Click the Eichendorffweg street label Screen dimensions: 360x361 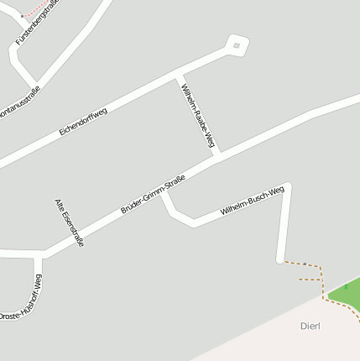pyautogui.click(x=84, y=123)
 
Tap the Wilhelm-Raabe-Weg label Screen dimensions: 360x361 pyautogui.click(x=199, y=117)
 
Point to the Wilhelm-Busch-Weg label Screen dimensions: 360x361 pyautogui.click(x=252, y=202)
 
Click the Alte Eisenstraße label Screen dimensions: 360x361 pyautogui.click(x=69, y=222)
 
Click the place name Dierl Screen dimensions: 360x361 pyautogui.click(x=310, y=325)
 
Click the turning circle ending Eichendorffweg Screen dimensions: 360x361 pyautogui.click(x=237, y=45)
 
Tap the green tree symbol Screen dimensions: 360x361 pyautogui.click(x=346, y=287)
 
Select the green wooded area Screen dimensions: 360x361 pyautogui.click(x=347, y=296)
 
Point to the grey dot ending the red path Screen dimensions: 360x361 pyautogui.click(x=23, y=17)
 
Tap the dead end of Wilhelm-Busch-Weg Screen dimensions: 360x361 pyautogui.click(x=281, y=259)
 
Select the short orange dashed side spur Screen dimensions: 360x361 pyautogui.click(x=310, y=279)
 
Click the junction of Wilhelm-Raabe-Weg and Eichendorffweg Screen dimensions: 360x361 pyautogui.click(x=179, y=79)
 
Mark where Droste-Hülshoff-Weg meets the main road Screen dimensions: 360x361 pyautogui.click(x=38, y=254)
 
